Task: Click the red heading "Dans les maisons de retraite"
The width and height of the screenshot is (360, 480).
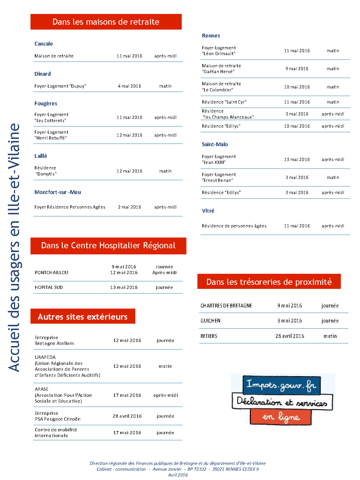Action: (x=106, y=22)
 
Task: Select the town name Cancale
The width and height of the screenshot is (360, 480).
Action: (x=44, y=44)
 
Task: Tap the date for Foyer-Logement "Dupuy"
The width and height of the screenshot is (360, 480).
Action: (x=129, y=86)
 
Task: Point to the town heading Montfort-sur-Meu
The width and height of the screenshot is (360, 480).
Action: (x=58, y=192)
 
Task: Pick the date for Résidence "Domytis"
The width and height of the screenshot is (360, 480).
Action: (x=129, y=171)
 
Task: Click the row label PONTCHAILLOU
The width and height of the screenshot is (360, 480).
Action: (x=51, y=273)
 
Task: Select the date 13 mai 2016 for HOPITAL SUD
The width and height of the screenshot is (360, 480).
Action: (x=124, y=287)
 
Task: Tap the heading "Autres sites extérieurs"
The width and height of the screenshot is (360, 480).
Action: (x=83, y=316)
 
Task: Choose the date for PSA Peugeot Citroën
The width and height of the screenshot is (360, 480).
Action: (x=127, y=416)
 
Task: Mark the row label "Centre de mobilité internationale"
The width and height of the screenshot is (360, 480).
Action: (x=56, y=432)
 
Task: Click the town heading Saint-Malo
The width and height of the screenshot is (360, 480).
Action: (x=215, y=144)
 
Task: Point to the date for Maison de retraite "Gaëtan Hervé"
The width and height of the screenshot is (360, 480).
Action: (x=297, y=69)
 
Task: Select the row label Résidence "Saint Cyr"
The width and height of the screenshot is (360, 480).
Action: (x=224, y=102)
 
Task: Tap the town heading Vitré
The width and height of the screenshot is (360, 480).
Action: (x=208, y=211)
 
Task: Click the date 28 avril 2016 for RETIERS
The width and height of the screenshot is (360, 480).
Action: (x=290, y=336)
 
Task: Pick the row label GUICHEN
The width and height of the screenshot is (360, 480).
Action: (x=210, y=321)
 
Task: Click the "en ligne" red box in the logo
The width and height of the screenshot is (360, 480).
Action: (x=280, y=417)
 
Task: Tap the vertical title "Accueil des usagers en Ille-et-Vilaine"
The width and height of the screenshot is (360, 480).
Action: (x=14, y=248)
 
